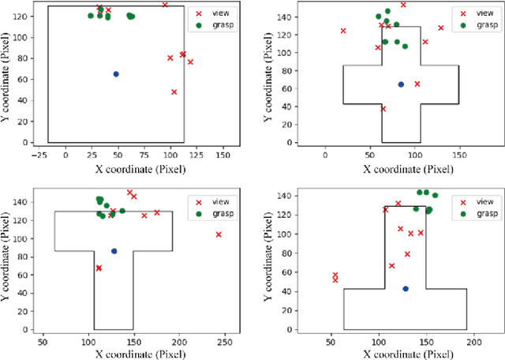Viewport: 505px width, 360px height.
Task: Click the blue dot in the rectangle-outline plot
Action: coord(116,74)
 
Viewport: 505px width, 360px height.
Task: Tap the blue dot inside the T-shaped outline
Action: coord(114,251)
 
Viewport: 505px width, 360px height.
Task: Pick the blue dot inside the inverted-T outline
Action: coord(406,289)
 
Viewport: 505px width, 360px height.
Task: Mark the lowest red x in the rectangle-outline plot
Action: coord(174,92)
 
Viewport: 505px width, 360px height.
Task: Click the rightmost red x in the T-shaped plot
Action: coord(219,234)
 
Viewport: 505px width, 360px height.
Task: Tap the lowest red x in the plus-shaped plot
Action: coord(383,109)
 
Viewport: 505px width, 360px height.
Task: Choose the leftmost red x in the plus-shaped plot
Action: coord(343,31)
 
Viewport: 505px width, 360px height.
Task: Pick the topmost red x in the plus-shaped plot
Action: coord(403,5)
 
